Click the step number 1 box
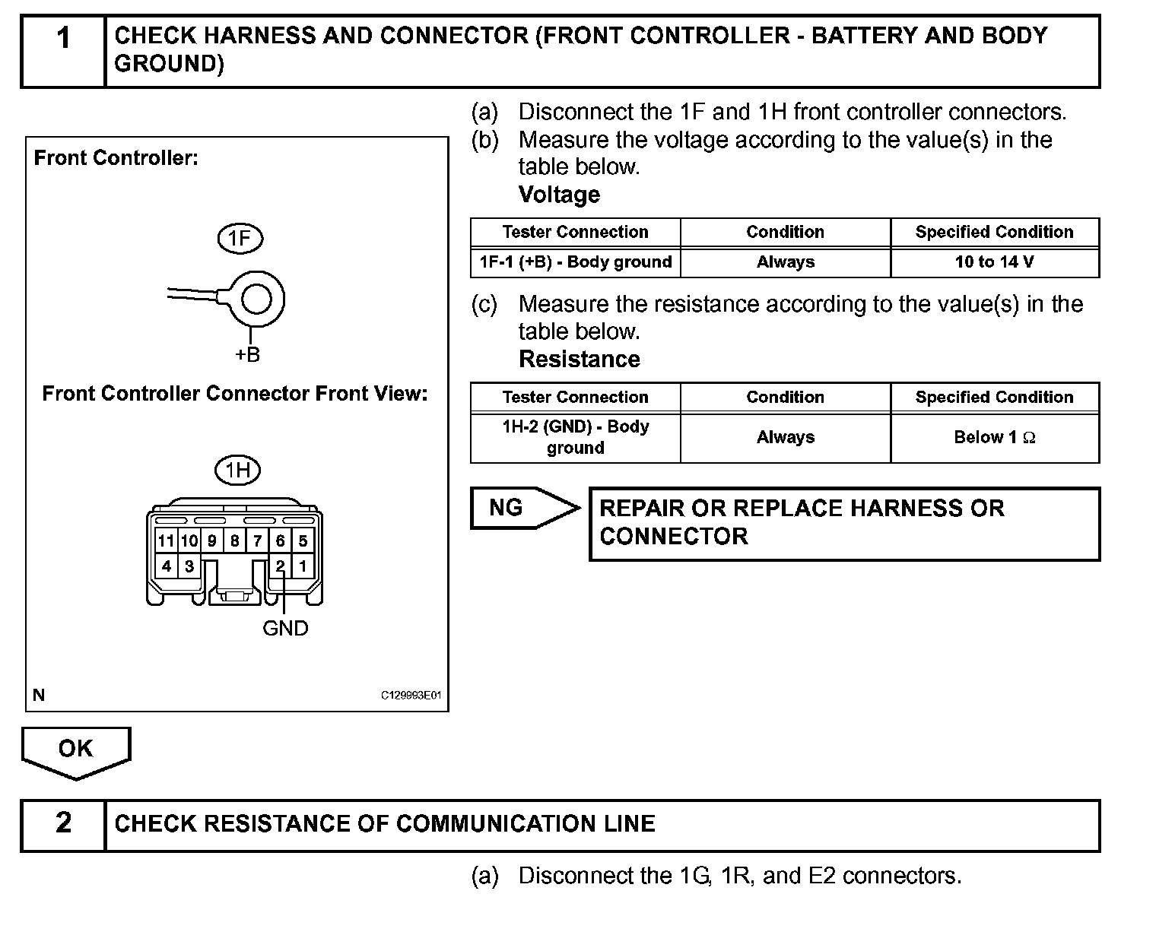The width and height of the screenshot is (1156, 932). point(63,51)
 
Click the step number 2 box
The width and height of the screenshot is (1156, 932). point(63,824)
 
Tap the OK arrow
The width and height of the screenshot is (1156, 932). point(75,750)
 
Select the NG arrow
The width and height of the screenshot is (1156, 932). point(522,508)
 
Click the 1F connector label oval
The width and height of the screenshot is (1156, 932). point(240,239)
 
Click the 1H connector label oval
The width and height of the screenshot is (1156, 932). point(237,471)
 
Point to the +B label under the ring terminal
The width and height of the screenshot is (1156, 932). point(247,355)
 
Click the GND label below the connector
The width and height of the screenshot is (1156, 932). point(285,629)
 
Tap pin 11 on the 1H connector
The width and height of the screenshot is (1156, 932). point(166,541)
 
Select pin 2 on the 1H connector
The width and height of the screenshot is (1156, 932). point(280,566)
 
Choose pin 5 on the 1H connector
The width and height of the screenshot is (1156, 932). point(303,541)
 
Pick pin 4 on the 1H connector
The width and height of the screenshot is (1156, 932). point(166,566)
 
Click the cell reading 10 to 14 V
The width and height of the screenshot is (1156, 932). point(994,262)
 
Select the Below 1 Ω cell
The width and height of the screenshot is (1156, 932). point(994,437)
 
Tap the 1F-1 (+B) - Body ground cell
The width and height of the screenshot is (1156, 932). point(575,262)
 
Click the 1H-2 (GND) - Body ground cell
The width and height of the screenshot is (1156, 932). point(575,437)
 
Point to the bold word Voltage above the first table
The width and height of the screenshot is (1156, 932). point(559,195)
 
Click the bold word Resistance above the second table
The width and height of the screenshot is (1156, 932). point(579,359)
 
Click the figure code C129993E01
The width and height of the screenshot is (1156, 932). point(411,696)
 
